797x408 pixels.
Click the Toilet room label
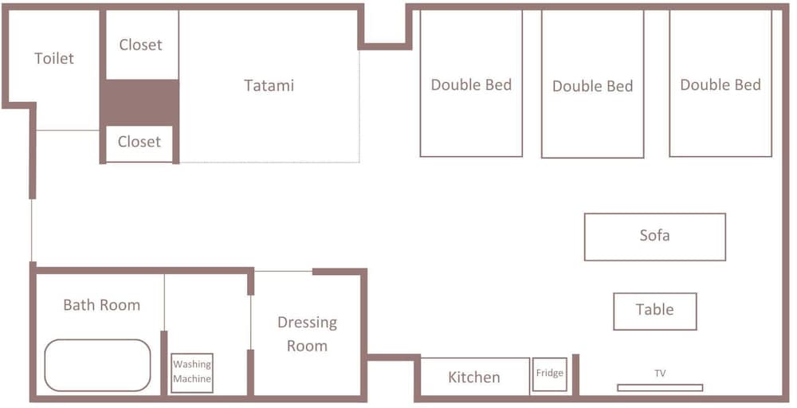tap(54, 58)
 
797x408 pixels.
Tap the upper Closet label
tap(141, 45)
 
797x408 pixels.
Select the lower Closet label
tap(139, 141)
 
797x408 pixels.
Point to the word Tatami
tap(269, 84)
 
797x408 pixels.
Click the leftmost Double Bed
tap(471, 84)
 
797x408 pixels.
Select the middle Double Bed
tap(593, 84)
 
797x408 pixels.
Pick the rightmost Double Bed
tap(720, 84)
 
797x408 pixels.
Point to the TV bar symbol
tap(660, 387)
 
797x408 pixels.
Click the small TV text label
tap(660, 374)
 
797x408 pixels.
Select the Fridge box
tap(549, 375)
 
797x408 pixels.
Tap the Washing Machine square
tap(191, 373)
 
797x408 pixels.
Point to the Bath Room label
tap(102, 305)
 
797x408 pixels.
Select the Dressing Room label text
tap(307, 334)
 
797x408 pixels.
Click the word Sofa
tap(654, 235)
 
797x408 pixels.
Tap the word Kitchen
tap(474, 377)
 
